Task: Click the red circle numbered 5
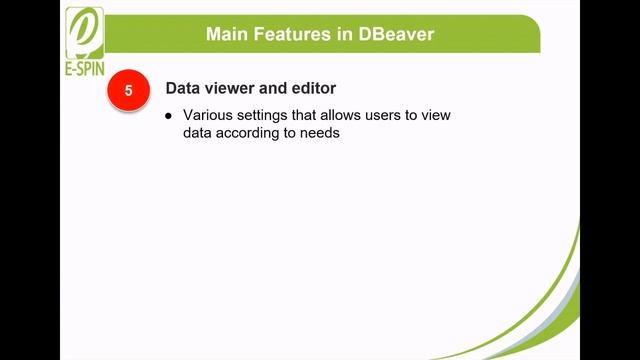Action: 128,90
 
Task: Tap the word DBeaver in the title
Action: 400,34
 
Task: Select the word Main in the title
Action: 228,34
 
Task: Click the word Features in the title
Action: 297,34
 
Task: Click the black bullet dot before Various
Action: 169,116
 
